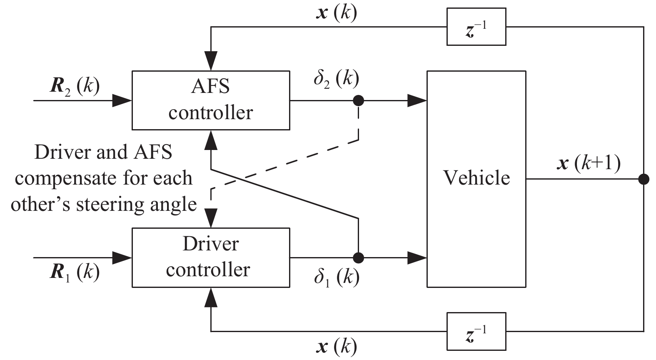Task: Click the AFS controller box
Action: pos(211,100)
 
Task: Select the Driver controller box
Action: pos(211,257)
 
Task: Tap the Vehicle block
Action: pos(476,179)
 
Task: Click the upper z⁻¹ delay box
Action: pos(476,27)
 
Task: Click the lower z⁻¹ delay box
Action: pos(476,331)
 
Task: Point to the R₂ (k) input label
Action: pos(75,86)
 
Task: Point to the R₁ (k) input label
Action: pos(75,272)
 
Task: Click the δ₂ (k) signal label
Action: pos(336,78)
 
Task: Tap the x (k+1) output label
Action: pos(588,163)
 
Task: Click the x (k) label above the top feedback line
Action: pos(337,13)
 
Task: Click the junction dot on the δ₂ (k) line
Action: pos(358,100)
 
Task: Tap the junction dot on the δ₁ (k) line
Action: pos(358,258)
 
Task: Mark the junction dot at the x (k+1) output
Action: pos(644,179)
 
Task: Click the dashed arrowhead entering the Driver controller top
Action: pos(211,217)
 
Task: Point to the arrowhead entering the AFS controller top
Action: pos(211,61)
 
